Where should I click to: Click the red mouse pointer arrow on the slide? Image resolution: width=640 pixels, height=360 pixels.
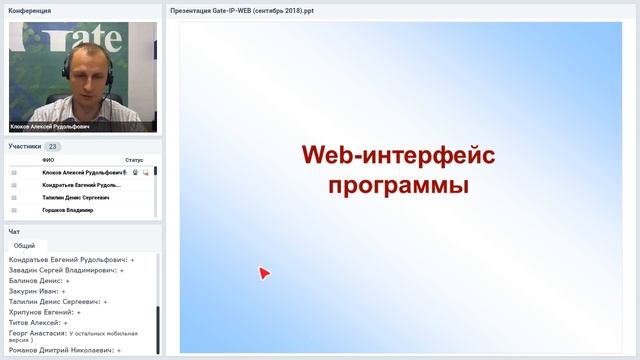[x=264, y=272]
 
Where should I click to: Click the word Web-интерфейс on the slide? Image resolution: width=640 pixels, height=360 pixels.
[x=399, y=156]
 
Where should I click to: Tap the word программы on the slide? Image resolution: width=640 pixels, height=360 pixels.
[x=399, y=186]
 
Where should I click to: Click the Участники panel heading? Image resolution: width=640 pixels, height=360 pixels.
[x=25, y=146]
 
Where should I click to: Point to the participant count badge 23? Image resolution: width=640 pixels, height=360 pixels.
[x=53, y=146]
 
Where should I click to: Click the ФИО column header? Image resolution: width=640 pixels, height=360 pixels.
[x=48, y=160]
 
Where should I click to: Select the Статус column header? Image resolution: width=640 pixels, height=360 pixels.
[x=134, y=160]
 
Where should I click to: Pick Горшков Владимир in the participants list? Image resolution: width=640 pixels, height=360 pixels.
[x=68, y=210]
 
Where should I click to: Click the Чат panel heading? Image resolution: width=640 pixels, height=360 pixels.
[x=14, y=231]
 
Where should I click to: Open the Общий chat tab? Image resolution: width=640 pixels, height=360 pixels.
[x=25, y=245]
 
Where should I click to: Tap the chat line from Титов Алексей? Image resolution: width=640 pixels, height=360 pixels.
[x=37, y=323]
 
